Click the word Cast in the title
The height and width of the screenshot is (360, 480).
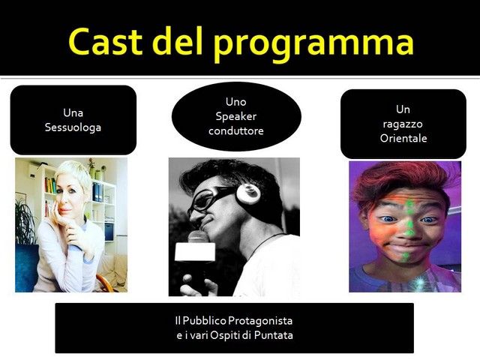click(106, 42)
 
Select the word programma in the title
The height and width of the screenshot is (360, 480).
click(313, 45)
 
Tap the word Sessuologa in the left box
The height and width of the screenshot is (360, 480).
click(73, 127)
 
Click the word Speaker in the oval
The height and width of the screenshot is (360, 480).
click(236, 117)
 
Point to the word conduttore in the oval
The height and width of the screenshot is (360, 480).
click(236, 130)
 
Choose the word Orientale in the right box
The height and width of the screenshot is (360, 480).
click(403, 138)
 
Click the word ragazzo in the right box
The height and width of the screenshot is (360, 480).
click(403, 124)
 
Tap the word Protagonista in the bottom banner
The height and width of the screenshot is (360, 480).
click(260, 321)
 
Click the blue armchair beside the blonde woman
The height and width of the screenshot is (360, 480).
click(26, 268)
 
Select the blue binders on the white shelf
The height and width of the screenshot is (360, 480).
click(97, 192)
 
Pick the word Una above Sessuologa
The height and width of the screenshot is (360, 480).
click(73, 113)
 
